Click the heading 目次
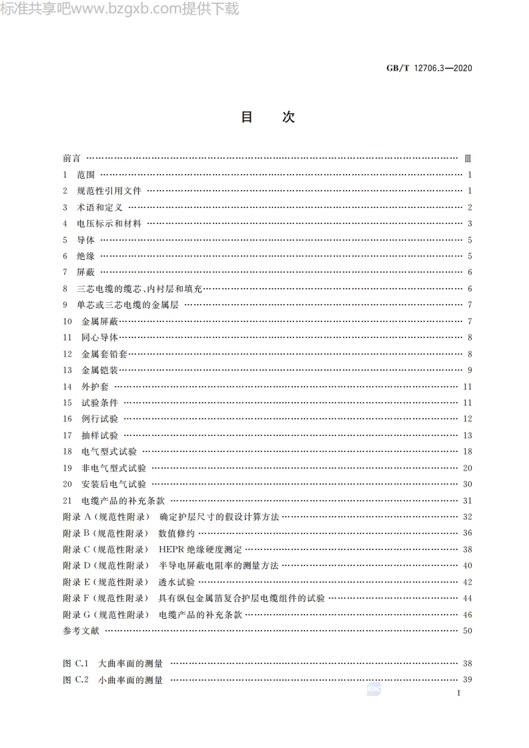[x=267, y=117]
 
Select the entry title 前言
[x=71, y=159]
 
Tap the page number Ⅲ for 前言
[x=467, y=159]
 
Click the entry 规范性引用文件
[x=109, y=191]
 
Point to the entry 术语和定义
[x=99, y=207]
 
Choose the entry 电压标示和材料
[x=109, y=224]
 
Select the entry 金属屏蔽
[x=99, y=321]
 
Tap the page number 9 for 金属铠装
[x=470, y=371]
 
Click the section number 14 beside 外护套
[x=67, y=387]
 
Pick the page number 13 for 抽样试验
[x=467, y=435]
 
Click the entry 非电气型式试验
[x=113, y=468]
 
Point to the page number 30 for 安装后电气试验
[x=467, y=484]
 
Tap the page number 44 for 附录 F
[x=467, y=598]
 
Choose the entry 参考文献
[x=81, y=631]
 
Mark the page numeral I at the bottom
[x=459, y=693]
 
